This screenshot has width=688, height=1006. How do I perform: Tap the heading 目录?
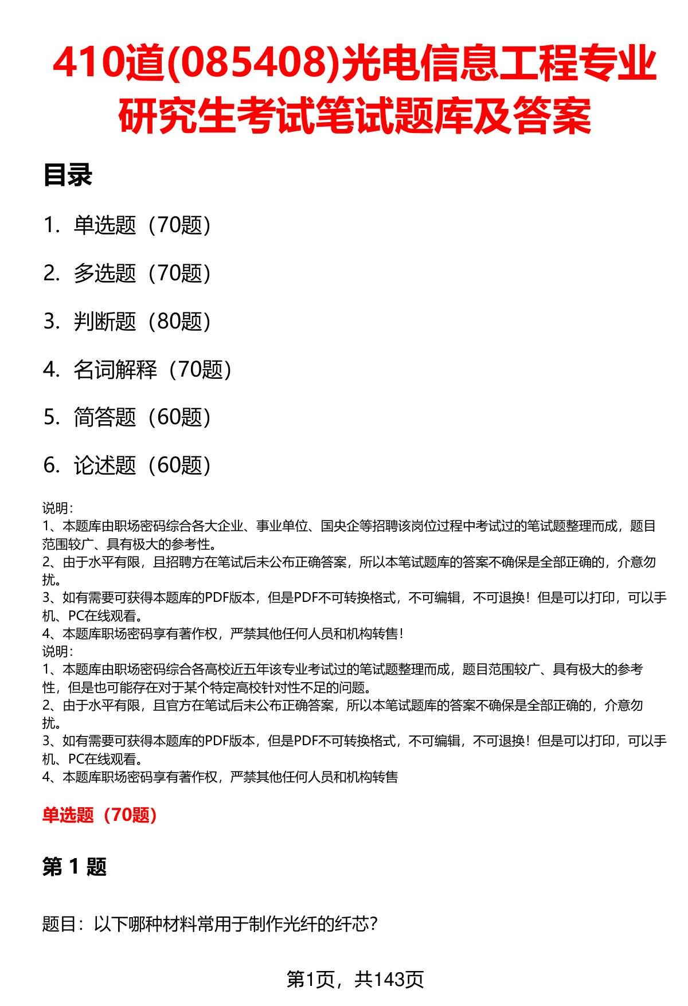(x=68, y=175)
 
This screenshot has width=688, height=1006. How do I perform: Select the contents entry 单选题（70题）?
(x=142, y=225)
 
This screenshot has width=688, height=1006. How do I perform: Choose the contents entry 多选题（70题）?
(x=142, y=273)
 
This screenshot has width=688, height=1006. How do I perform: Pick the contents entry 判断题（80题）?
(x=142, y=322)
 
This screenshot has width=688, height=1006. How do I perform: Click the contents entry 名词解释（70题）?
(x=153, y=370)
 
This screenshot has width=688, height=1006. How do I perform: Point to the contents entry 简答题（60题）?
(x=142, y=417)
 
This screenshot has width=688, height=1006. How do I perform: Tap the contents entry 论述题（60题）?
(x=142, y=465)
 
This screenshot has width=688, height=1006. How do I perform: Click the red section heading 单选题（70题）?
(x=100, y=815)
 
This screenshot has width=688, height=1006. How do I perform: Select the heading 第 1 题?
(x=75, y=867)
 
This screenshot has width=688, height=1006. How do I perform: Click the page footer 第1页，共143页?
(x=355, y=979)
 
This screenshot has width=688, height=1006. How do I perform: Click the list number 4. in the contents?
(x=52, y=370)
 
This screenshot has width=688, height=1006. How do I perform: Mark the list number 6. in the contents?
(x=52, y=465)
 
